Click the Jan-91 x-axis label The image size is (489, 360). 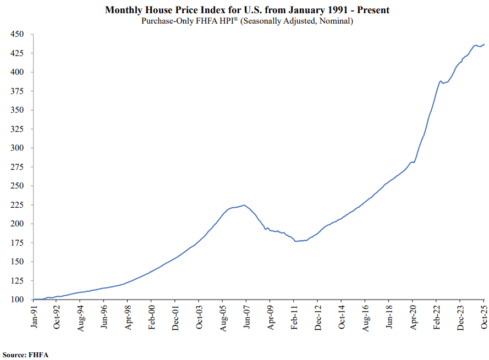click(x=34, y=318)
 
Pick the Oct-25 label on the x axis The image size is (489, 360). click(x=484, y=318)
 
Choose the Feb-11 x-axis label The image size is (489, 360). click(x=294, y=318)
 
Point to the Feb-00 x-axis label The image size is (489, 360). click(x=152, y=318)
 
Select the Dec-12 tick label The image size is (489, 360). click(x=317, y=318)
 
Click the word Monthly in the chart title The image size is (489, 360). click(x=124, y=10)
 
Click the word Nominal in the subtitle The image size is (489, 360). click(x=334, y=21)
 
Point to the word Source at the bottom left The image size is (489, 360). click(x=14, y=355)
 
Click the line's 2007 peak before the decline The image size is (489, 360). click(x=244, y=205)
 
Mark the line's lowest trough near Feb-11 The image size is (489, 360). click(x=296, y=241)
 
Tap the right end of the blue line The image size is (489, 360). click(x=484, y=44)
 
